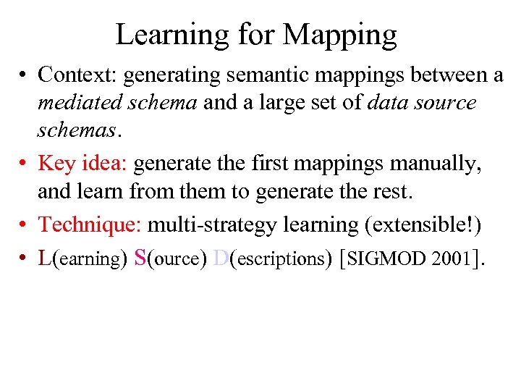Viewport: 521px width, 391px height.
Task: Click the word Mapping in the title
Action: click(x=340, y=34)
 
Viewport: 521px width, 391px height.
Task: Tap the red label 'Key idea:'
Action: click(x=82, y=164)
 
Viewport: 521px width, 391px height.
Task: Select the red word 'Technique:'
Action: click(x=90, y=224)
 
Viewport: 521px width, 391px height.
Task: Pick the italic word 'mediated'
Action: click(x=77, y=103)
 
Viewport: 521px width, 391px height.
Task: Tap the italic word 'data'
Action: click(x=390, y=103)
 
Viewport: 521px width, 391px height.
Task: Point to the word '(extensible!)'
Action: click(x=425, y=224)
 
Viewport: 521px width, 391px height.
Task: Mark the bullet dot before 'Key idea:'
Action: click(x=25, y=164)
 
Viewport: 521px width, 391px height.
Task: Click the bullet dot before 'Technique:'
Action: click(x=25, y=225)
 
